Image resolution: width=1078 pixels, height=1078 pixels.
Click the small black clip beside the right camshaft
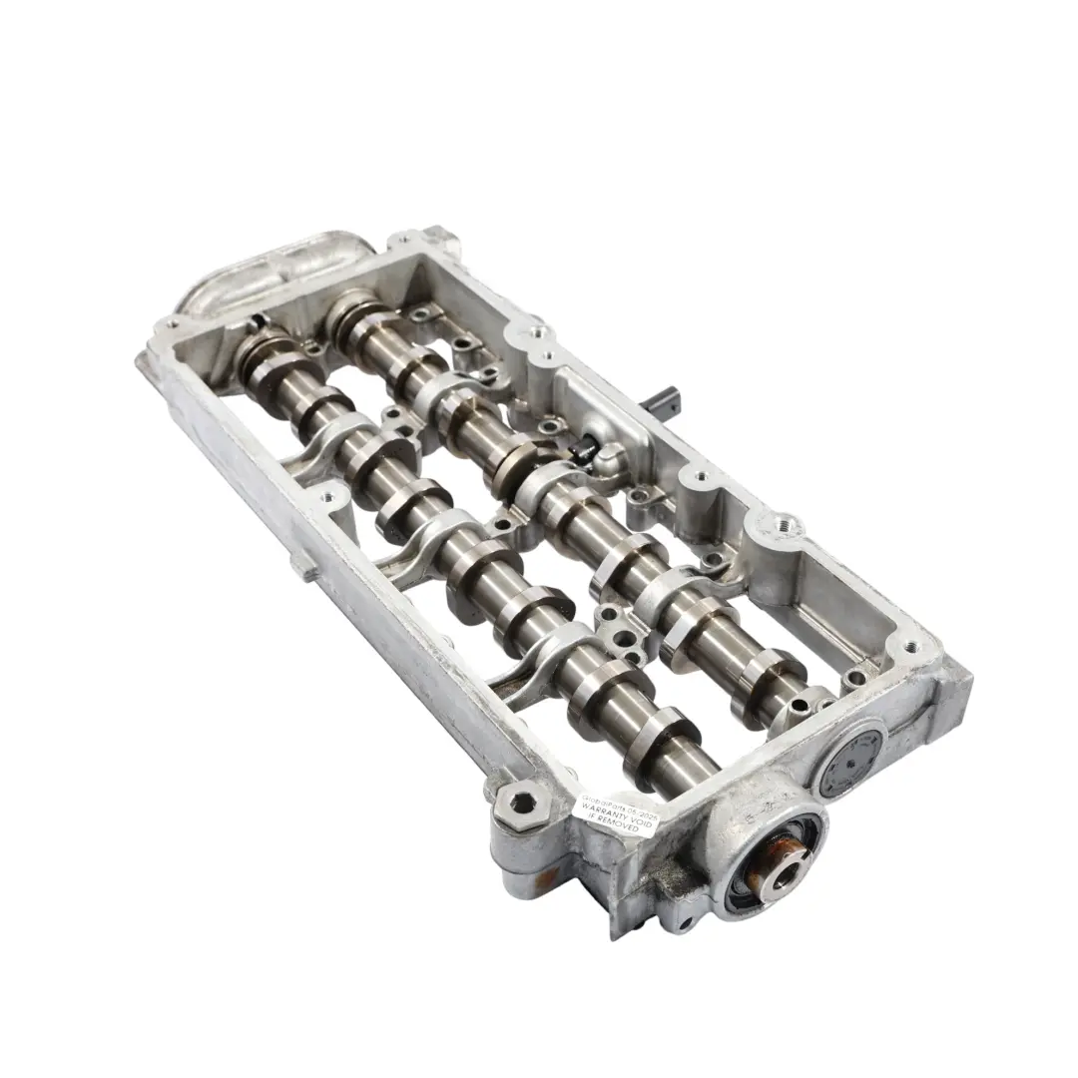point(587,455)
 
